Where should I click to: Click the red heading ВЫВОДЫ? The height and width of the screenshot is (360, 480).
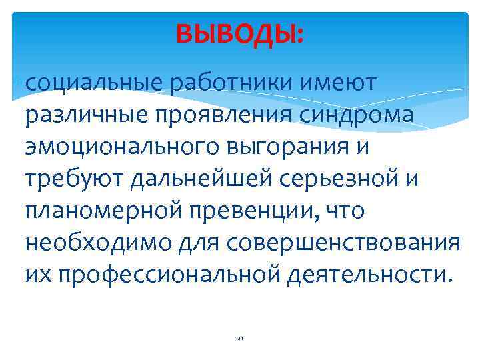click(239, 34)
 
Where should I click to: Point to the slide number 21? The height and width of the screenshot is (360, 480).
click(240, 339)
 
